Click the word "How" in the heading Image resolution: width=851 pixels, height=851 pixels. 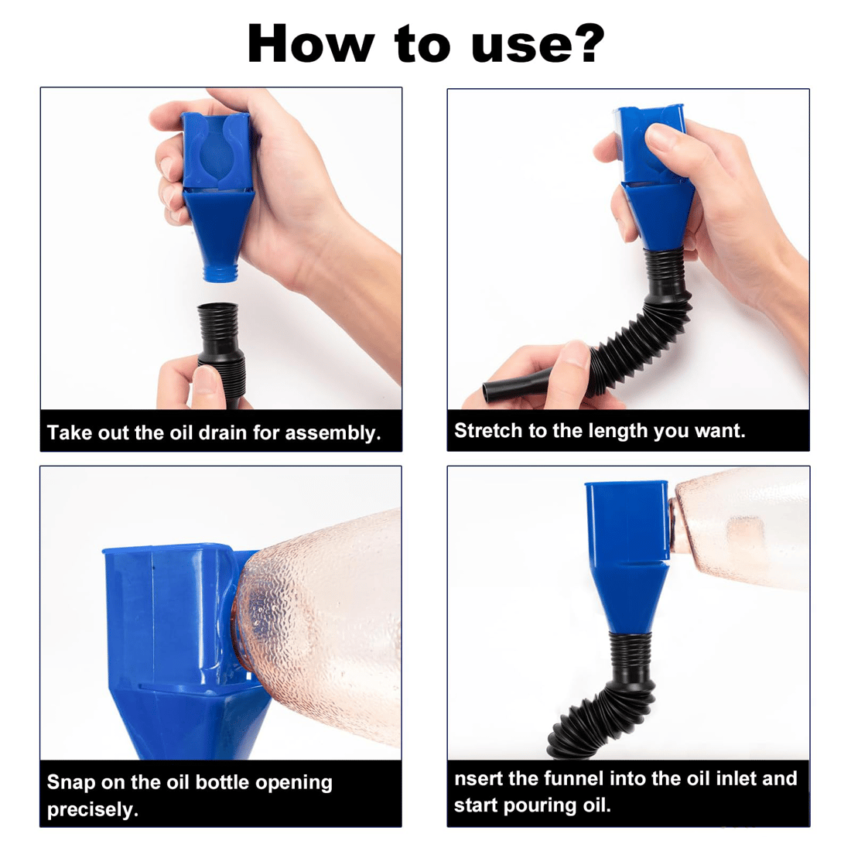(x=310, y=43)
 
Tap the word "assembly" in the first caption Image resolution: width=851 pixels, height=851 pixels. (x=333, y=433)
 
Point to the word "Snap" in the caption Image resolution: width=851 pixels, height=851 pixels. (x=71, y=783)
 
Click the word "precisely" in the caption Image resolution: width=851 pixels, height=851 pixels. (x=92, y=809)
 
